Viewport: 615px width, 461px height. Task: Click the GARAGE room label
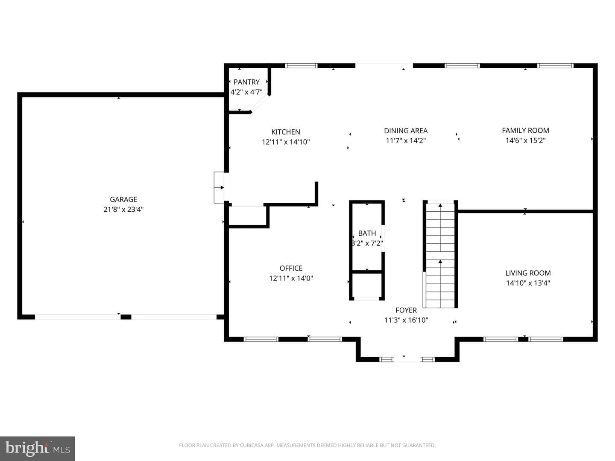click(x=123, y=199)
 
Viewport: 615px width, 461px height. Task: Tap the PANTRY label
click(x=246, y=82)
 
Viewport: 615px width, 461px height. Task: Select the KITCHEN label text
click(x=286, y=132)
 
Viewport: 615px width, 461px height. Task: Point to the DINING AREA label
click(x=406, y=131)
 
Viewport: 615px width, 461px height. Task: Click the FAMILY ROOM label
click(x=525, y=131)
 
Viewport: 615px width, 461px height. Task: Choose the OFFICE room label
click(x=291, y=268)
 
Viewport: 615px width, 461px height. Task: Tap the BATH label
click(x=367, y=233)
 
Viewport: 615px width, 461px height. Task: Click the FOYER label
click(x=406, y=310)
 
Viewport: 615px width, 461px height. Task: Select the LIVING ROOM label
click(x=528, y=273)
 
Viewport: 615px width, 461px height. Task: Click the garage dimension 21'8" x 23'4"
click(x=123, y=209)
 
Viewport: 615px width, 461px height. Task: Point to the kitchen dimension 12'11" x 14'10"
click(x=286, y=142)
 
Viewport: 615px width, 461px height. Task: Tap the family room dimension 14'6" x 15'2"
click(x=525, y=140)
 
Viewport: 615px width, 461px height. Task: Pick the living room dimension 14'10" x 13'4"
click(x=528, y=283)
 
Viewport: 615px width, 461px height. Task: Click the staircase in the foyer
click(x=440, y=255)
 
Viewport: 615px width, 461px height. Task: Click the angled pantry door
click(x=260, y=104)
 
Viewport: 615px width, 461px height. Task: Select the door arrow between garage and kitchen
click(x=219, y=187)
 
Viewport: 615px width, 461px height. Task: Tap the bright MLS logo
click(x=37, y=449)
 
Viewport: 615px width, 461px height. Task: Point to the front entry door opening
click(x=407, y=359)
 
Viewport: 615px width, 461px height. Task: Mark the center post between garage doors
click(x=126, y=317)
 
